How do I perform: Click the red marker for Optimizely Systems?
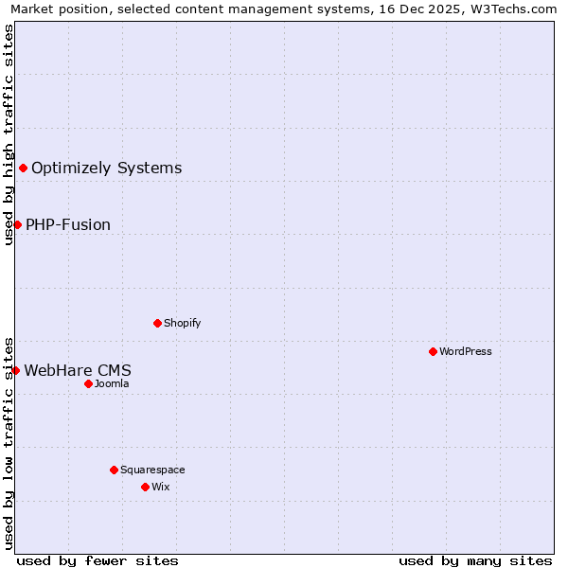click(x=23, y=169)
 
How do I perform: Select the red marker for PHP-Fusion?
click(x=17, y=224)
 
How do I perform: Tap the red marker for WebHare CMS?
click(x=15, y=370)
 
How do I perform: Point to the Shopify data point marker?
click(x=157, y=323)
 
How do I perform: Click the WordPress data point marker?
click(x=433, y=351)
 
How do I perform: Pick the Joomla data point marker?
click(x=88, y=383)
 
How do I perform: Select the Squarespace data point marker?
click(x=114, y=470)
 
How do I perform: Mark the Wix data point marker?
click(x=145, y=487)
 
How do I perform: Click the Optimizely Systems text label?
click(x=106, y=169)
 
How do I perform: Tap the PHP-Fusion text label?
click(x=68, y=224)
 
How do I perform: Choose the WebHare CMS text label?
click(x=78, y=370)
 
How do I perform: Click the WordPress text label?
click(x=465, y=351)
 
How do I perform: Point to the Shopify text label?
click(x=182, y=323)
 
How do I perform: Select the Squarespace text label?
click(x=152, y=470)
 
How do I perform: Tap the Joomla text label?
click(x=112, y=383)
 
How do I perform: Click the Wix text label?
click(x=160, y=487)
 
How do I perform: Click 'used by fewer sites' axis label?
click(x=98, y=560)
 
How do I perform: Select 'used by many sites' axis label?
click(x=475, y=560)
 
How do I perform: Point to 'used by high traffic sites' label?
click(x=9, y=134)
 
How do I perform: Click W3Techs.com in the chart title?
click(x=514, y=9)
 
